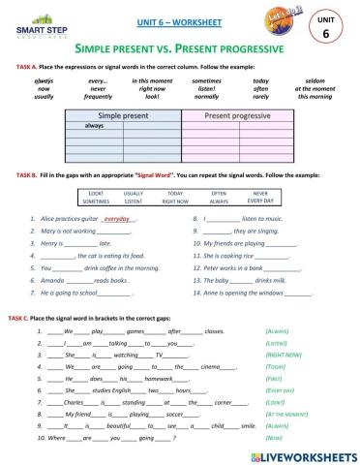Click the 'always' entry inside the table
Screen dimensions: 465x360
(x=95, y=126)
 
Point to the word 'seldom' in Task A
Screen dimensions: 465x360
(x=315, y=80)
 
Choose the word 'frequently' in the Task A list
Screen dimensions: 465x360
(x=98, y=97)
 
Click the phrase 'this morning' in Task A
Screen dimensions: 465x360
(x=315, y=97)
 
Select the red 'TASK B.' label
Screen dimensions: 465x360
(x=27, y=174)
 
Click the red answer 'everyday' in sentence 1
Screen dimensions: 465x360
(x=118, y=220)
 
